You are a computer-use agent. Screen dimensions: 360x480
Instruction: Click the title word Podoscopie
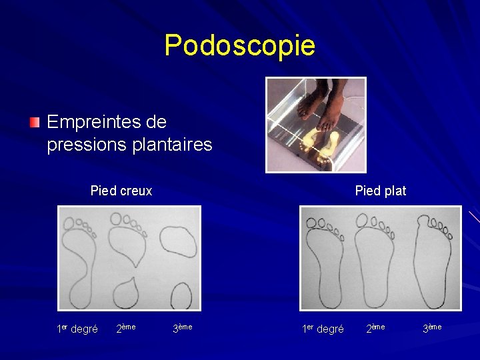[x=239, y=45]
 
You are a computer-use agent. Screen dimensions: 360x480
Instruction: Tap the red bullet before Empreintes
[x=35, y=122]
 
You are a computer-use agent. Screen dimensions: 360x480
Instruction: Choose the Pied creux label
[x=121, y=191]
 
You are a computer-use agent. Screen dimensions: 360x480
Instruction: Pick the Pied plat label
[x=380, y=191]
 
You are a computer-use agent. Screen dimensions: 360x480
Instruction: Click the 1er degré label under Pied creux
[x=77, y=329]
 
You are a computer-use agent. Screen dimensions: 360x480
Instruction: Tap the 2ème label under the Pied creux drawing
[x=126, y=327]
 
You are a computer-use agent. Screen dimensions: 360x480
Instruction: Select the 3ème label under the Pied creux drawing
[x=182, y=327]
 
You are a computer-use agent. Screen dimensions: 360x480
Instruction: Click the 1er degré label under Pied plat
[x=323, y=329]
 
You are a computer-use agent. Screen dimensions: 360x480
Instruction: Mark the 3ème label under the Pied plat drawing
[x=431, y=327]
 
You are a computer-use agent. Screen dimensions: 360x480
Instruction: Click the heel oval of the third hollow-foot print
[x=181, y=295]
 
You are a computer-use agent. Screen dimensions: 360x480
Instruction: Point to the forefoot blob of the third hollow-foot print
[x=178, y=241]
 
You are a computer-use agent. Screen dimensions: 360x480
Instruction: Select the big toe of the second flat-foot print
[x=363, y=220]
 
